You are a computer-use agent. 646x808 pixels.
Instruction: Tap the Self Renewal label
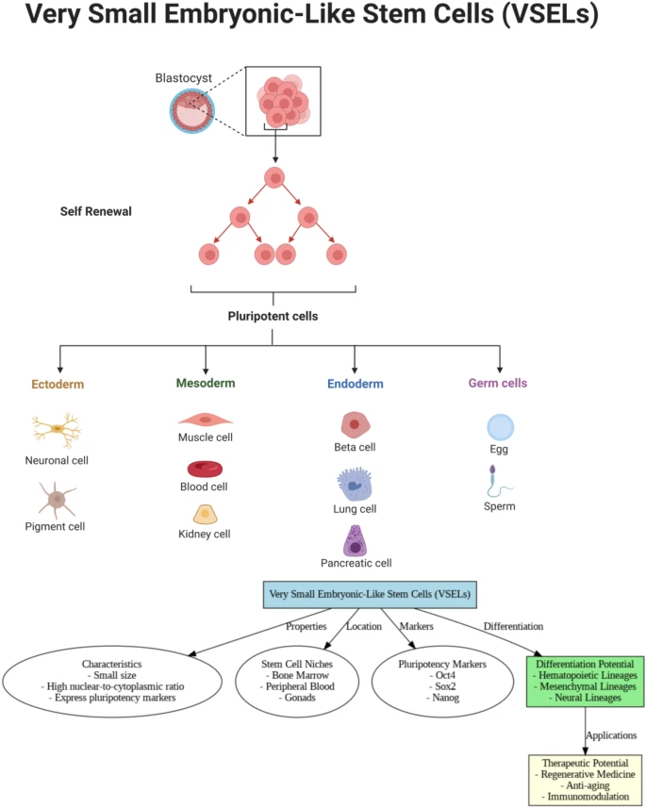[95, 211]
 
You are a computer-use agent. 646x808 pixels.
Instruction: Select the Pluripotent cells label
[273, 317]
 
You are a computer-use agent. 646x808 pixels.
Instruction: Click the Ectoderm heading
[58, 385]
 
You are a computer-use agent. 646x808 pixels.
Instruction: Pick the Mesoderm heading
[206, 384]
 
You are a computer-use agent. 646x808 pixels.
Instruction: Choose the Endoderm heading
[355, 385]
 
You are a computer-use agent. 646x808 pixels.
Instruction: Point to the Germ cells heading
[498, 384]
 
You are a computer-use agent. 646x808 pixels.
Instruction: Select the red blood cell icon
[205, 468]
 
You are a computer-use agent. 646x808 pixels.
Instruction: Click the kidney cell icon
[206, 514]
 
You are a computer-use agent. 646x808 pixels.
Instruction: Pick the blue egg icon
[500, 428]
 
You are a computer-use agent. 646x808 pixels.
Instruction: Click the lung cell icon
[355, 485]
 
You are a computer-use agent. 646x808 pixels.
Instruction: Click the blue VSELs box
[369, 595]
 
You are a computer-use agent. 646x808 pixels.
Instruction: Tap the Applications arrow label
[611, 734]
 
